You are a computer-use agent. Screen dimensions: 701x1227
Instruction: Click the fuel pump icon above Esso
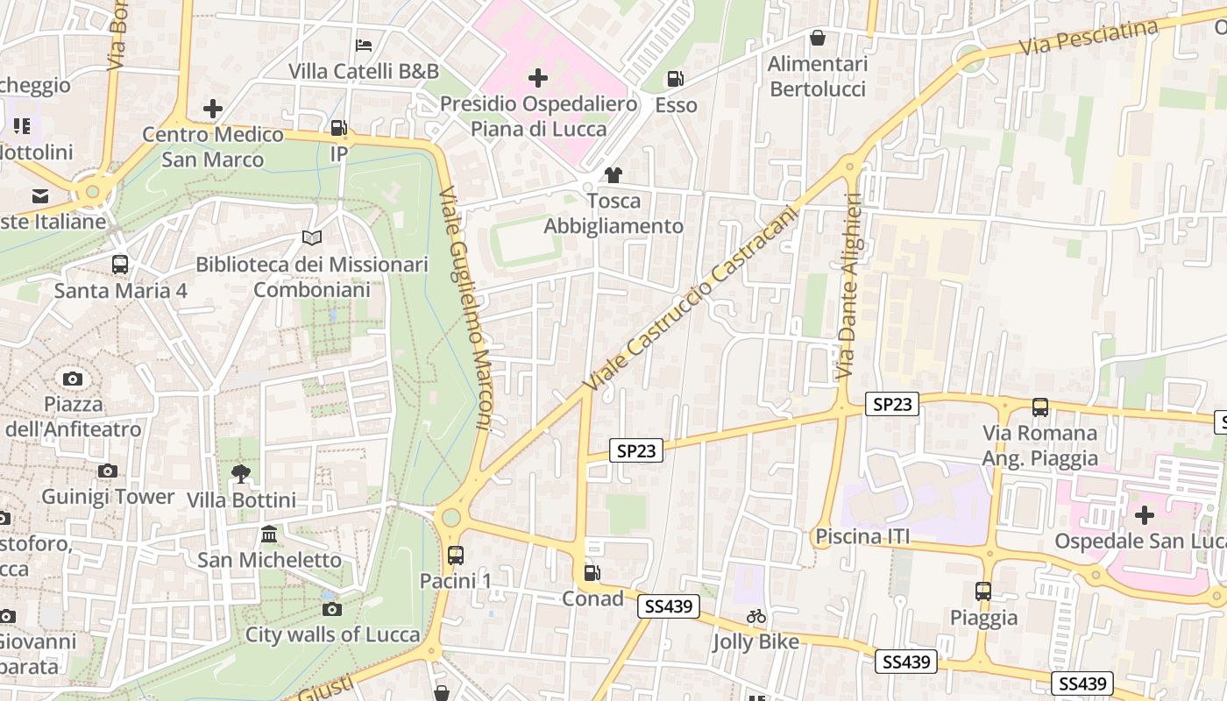[675, 79]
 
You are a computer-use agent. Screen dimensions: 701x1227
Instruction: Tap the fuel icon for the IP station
[338, 129]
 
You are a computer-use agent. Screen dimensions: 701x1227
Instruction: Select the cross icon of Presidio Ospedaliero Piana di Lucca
[538, 79]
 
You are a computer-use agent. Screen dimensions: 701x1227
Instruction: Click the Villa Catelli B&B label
[364, 71]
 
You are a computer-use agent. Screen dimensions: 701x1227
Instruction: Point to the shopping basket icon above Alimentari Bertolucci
[818, 38]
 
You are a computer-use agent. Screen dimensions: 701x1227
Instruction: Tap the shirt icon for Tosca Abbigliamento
[613, 175]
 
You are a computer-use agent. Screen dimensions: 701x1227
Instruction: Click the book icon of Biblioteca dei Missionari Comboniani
[312, 237]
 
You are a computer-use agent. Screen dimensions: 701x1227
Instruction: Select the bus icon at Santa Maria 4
[120, 264]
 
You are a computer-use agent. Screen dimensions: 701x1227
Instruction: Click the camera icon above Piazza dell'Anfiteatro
[73, 379]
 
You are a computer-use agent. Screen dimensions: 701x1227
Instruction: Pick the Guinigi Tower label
[108, 497]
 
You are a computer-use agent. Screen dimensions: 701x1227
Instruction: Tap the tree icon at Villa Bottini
[241, 474]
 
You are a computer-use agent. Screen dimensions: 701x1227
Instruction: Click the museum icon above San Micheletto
[269, 534]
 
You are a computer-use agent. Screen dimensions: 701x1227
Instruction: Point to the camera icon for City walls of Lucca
[331, 609]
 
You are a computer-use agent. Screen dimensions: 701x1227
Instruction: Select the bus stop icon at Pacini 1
[455, 555]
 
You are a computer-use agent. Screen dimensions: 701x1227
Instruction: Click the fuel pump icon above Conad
[592, 573]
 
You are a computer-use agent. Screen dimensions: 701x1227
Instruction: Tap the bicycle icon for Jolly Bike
[756, 616]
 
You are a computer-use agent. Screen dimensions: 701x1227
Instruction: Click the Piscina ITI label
[862, 536]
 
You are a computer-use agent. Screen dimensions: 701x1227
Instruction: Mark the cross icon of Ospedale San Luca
[1144, 515]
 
